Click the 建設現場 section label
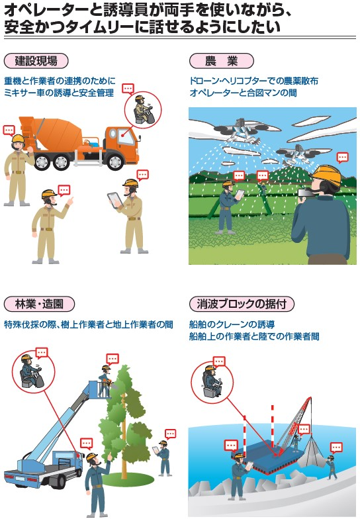click(x=36, y=61)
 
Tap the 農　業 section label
click(x=221, y=61)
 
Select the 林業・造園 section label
click(x=39, y=304)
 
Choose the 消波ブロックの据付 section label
click(x=242, y=304)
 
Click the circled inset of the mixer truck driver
click(x=143, y=110)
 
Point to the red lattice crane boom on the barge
click(x=292, y=425)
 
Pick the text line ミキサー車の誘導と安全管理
click(x=59, y=93)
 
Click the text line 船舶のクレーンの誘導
click(x=232, y=324)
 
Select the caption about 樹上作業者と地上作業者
click(x=89, y=324)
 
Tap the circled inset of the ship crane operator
click(x=212, y=383)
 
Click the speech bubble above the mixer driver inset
click(x=128, y=89)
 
